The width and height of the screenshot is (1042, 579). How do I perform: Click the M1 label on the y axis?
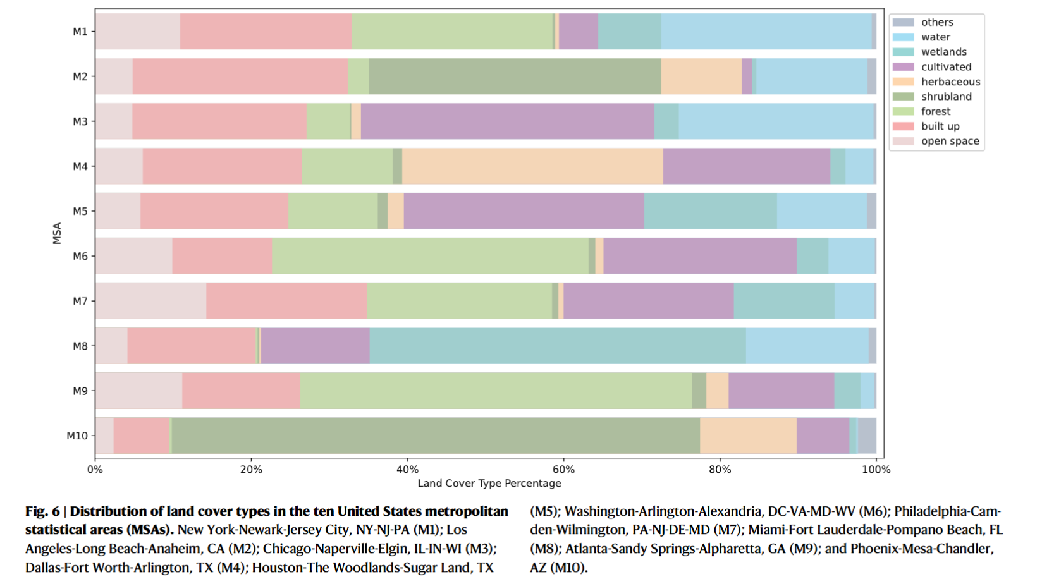(80, 32)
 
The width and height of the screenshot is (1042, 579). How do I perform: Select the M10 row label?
(77, 436)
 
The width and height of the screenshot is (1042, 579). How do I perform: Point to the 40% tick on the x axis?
(407, 470)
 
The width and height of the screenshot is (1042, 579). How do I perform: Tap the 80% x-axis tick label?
(720, 470)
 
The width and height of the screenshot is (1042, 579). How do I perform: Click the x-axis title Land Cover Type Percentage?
(489, 484)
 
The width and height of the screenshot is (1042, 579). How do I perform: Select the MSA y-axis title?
(57, 233)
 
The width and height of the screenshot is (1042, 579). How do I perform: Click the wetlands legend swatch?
(903, 52)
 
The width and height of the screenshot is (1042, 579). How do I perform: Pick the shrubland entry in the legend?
(946, 97)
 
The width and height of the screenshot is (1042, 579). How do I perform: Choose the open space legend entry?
(950, 142)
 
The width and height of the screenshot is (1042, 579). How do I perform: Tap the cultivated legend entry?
(946, 67)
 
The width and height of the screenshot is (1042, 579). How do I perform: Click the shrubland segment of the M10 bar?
(436, 436)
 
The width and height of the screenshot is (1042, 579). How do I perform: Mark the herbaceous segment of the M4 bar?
(532, 166)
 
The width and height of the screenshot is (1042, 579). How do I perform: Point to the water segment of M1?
(766, 32)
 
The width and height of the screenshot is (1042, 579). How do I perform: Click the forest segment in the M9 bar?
(496, 391)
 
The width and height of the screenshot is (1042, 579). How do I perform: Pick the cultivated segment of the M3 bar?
(507, 121)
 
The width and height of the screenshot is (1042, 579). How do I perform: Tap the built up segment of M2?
(240, 76)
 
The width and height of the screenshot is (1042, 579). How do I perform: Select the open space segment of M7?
(150, 301)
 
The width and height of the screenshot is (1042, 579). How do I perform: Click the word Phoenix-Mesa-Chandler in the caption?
(921, 549)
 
